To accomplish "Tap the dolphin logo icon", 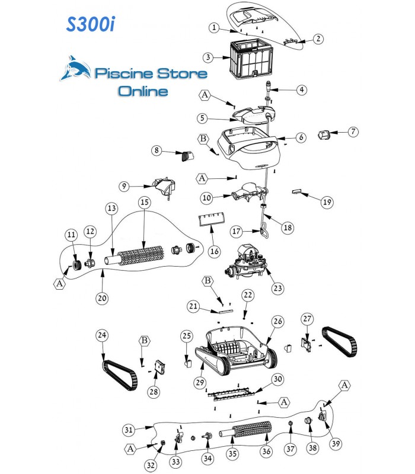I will coord(76,70).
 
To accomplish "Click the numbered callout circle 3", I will coord(207,57).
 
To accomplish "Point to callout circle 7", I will coord(353,132).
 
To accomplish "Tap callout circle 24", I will coord(103,335).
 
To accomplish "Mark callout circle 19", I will coord(327,203).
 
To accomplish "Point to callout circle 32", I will coord(151,466).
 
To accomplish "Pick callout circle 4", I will coord(302,90).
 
